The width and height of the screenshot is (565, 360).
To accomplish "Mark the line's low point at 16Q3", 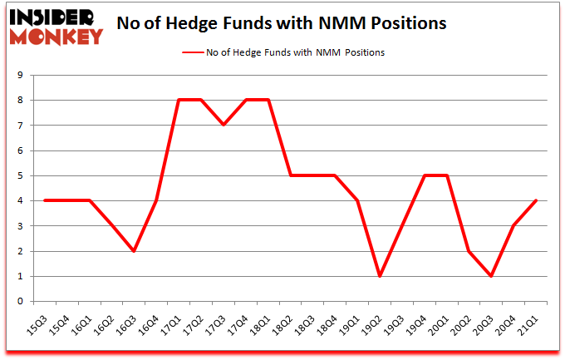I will coord(134,251).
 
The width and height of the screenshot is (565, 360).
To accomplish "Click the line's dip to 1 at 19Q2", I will coord(380,276).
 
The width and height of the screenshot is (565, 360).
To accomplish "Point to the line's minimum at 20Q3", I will coord(492,276).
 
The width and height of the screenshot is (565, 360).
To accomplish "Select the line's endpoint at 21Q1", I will coord(537,200).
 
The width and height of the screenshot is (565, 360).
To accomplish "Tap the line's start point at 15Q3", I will coord(44,200).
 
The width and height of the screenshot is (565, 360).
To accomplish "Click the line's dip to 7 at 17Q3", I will coord(224,125).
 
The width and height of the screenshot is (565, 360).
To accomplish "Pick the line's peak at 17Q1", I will coord(179,100).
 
